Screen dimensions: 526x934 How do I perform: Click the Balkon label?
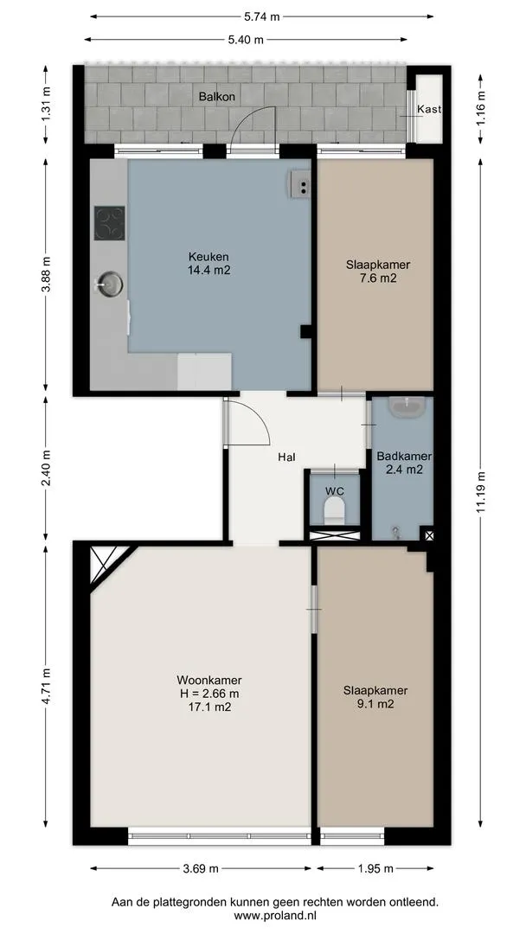click(x=217, y=96)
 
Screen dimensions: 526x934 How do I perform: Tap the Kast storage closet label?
click(x=429, y=109)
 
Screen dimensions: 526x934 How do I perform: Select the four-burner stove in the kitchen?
click(x=110, y=223)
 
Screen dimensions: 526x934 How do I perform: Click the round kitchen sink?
click(x=110, y=284)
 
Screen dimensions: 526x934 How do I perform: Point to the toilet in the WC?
click(x=334, y=510)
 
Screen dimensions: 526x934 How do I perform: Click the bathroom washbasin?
click(x=407, y=406)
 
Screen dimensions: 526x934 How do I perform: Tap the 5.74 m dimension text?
click(x=262, y=16)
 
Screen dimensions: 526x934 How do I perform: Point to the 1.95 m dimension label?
click(x=375, y=868)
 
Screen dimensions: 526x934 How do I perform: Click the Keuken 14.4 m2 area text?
click(x=208, y=264)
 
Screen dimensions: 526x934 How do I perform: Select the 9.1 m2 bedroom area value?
click(x=375, y=703)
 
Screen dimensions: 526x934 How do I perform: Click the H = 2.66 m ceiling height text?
click(x=209, y=694)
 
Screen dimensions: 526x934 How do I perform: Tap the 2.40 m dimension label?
click(x=46, y=466)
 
